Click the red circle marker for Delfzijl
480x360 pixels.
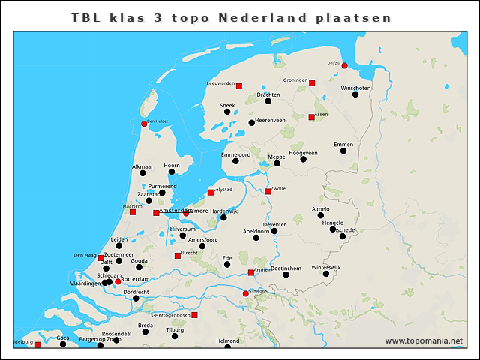coord(344,65)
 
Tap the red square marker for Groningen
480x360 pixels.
coord(312,82)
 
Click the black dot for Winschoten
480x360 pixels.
coord(355,94)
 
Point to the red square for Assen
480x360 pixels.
coord(311,117)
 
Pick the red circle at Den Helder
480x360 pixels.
coord(144,124)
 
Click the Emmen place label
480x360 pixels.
coord(343,144)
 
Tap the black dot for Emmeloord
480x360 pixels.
coord(235,160)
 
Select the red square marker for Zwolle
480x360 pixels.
coord(268,191)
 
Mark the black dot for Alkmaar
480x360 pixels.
coord(142,173)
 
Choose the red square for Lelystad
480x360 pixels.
coord(211,192)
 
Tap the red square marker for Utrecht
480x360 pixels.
coord(177,256)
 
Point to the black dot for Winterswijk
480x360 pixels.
coord(326,274)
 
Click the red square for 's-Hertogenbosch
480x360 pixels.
coord(194,315)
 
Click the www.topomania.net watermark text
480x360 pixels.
coord(424,341)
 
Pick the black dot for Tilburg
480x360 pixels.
coord(175,336)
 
